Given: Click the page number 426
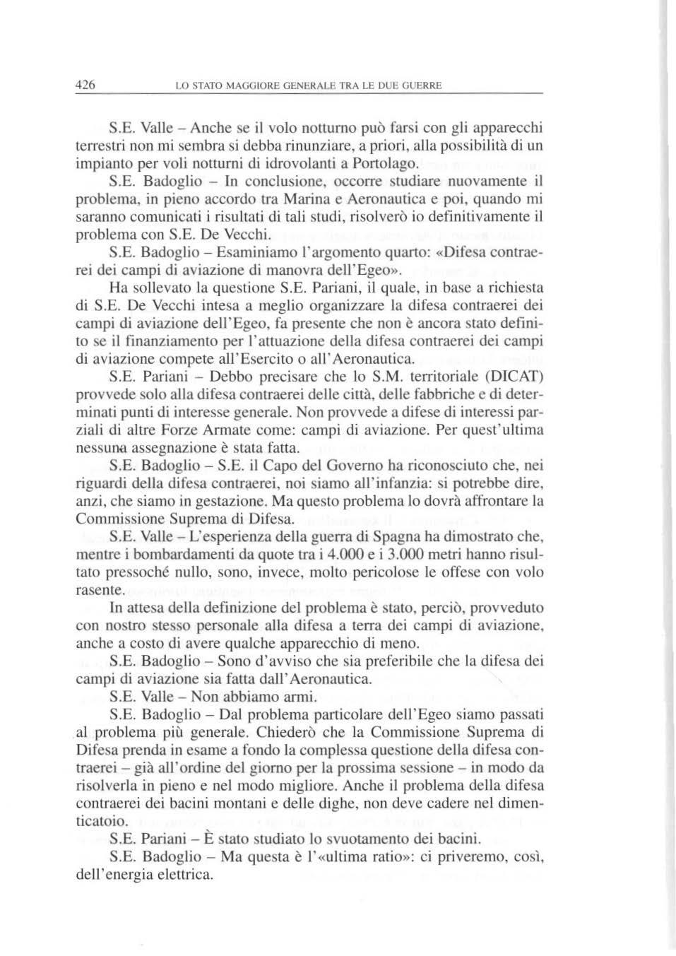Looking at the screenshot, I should click(x=85, y=85).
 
